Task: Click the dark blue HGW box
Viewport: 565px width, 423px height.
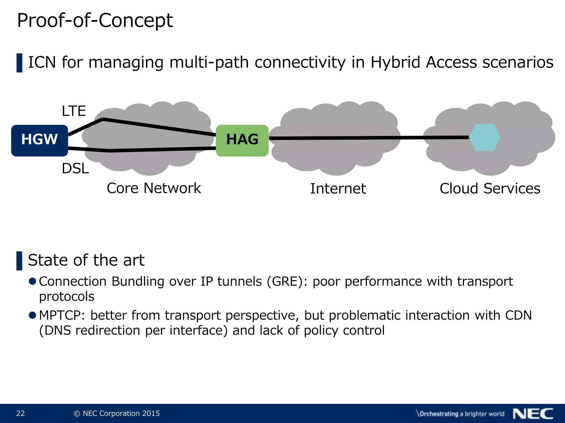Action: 39,140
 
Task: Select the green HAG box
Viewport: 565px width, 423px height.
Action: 242,140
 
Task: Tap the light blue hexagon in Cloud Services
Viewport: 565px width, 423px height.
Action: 485,137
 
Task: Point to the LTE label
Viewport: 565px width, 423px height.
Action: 74,111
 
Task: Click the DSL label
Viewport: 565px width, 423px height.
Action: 75,168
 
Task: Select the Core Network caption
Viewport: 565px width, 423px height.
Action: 154,188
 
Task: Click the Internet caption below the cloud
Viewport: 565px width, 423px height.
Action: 338,189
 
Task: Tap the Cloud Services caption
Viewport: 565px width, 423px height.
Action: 490,189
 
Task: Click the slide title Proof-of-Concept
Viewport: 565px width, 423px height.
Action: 95,21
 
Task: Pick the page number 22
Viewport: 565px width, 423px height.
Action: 20,413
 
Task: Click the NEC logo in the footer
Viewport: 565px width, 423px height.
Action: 533,414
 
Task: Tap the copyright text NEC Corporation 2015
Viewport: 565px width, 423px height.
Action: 117,413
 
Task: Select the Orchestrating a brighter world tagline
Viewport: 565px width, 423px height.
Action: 460,414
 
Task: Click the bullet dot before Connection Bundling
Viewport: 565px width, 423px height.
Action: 33,281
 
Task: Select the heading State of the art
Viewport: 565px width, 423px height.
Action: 86,260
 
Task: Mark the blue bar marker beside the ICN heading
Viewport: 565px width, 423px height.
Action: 19,63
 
